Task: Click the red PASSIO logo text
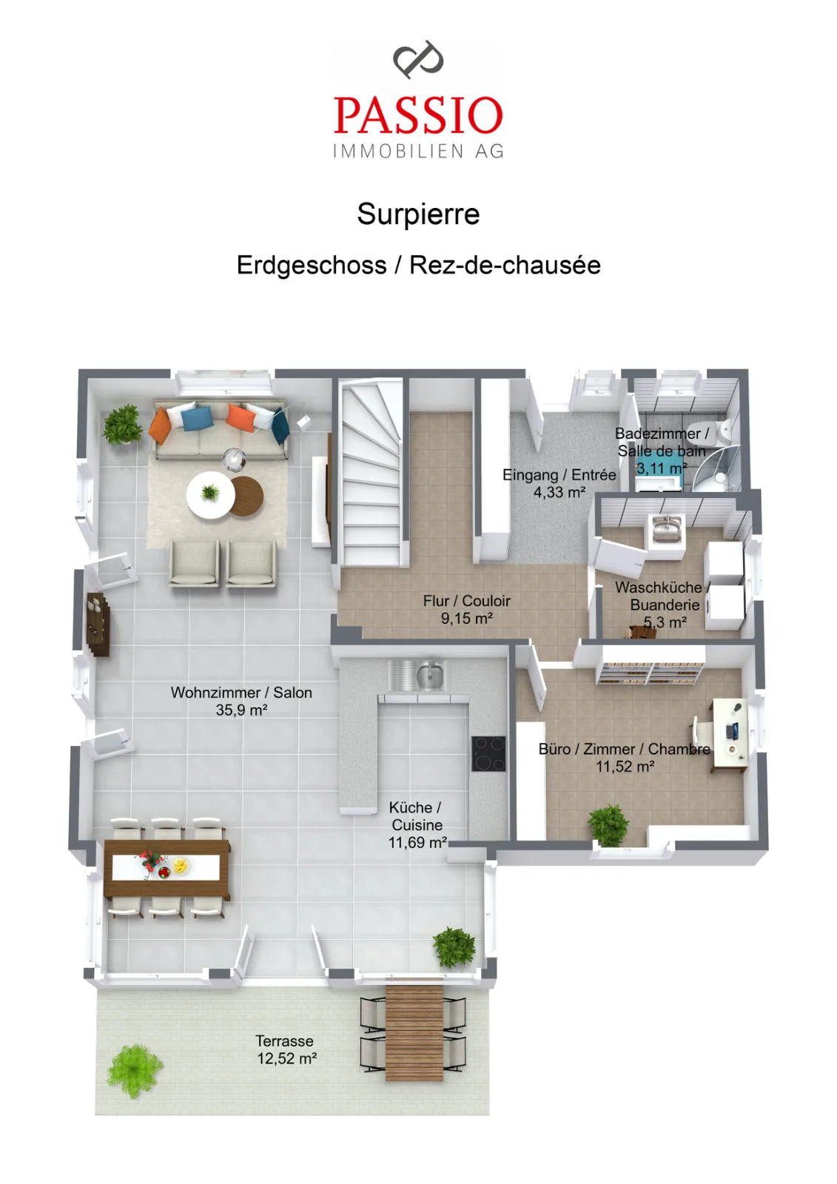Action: (x=417, y=115)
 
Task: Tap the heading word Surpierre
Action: (x=418, y=214)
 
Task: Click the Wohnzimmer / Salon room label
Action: (x=241, y=693)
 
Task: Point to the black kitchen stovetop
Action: (x=488, y=754)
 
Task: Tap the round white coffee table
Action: (x=210, y=495)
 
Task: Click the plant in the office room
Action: (x=608, y=825)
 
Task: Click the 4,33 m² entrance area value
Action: (x=559, y=493)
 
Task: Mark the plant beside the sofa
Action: (x=122, y=424)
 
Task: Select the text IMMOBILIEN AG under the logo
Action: (x=418, y=151)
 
